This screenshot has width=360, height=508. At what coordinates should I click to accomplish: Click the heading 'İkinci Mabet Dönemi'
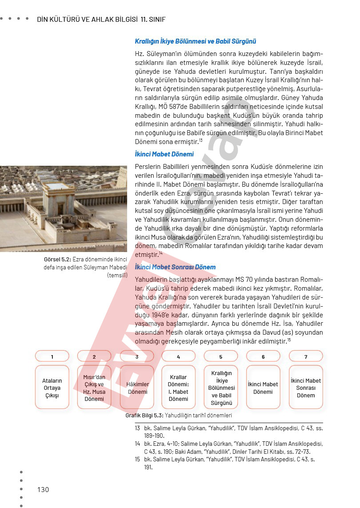164,154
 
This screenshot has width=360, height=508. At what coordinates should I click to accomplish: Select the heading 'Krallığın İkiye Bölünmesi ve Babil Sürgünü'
196,41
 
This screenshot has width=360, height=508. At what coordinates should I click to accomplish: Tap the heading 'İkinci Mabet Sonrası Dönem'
175,267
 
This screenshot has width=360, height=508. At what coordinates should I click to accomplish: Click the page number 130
43,489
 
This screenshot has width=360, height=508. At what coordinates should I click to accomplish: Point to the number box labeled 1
52,356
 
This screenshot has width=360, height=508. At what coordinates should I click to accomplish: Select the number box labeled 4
178,356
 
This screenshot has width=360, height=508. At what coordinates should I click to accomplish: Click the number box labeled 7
305,356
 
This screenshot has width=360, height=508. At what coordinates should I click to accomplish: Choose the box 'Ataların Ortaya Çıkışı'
52,388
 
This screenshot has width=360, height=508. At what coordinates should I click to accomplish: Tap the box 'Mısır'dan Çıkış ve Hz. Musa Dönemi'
94,388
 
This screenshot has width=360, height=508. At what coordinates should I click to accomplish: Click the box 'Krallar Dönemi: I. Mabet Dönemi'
178,388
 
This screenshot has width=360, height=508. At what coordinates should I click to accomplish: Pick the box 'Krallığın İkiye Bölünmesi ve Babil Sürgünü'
221,388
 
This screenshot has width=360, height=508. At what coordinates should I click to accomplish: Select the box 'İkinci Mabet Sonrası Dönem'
305,388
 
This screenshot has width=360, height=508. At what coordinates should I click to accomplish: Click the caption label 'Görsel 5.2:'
57,260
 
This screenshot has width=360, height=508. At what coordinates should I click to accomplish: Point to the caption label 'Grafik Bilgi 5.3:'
144,416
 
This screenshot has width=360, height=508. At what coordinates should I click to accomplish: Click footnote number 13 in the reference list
137,428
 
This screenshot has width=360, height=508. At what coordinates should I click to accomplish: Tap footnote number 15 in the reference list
137,459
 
